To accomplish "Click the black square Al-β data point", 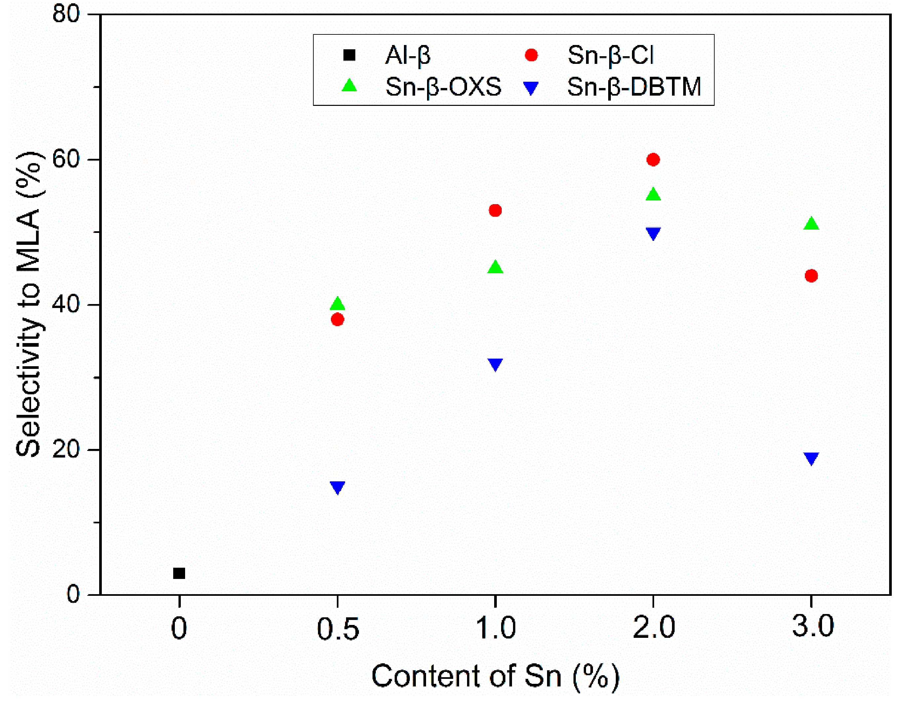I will [x=179, y=573].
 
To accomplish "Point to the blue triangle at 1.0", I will [x=495, y=364].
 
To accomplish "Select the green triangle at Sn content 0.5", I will [x=338, y=304].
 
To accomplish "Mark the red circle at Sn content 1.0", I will [x=495, y=210].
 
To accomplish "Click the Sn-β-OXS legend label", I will [x=443, y=87].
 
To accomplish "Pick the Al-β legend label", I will [x=408, y=55].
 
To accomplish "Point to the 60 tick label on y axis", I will [x=65, y=159].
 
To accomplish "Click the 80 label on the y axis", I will [x=65, y=14].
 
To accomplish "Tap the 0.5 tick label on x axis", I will [x=338, y=628].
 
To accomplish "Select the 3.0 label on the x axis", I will [x=812, y=626].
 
